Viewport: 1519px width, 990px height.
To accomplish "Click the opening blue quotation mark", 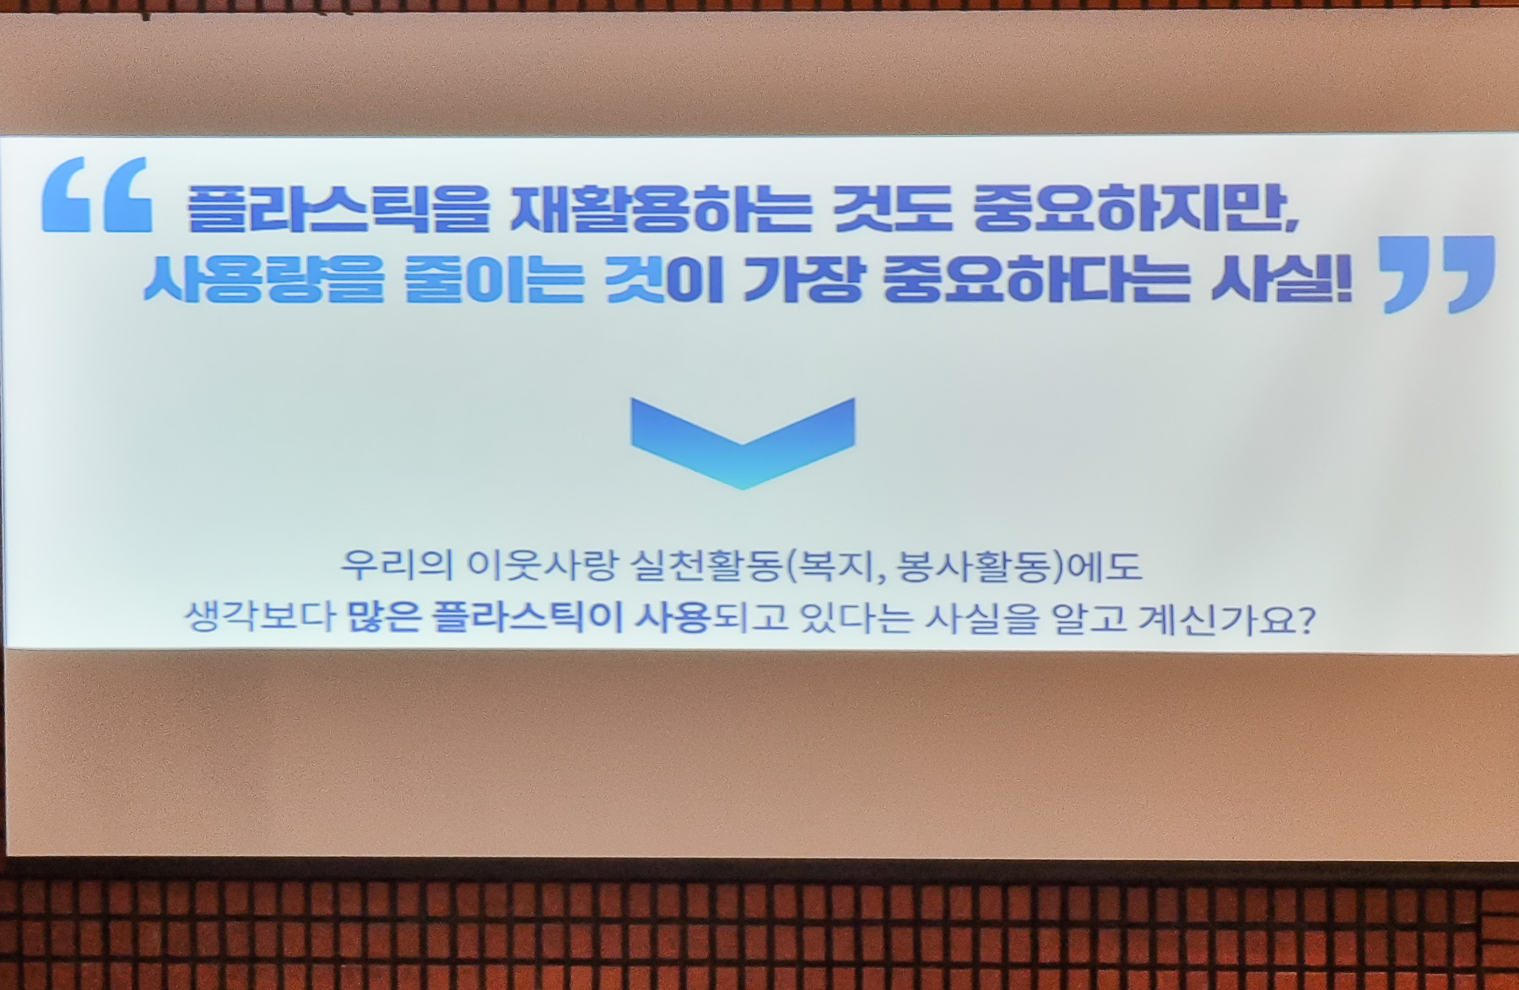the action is [x=97, y=194].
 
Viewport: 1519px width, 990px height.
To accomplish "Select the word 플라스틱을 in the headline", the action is [x=338, y=208].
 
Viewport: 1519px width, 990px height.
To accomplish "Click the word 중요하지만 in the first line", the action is [x=1135, y=208].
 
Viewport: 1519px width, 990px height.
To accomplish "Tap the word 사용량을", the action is [x=263, y=279].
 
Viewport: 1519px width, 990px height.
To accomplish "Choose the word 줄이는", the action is [x=494, y=279].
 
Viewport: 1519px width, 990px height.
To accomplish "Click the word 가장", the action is [x=803, y=279].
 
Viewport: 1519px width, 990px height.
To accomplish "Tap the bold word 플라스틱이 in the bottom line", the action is [x=527, y=618].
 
